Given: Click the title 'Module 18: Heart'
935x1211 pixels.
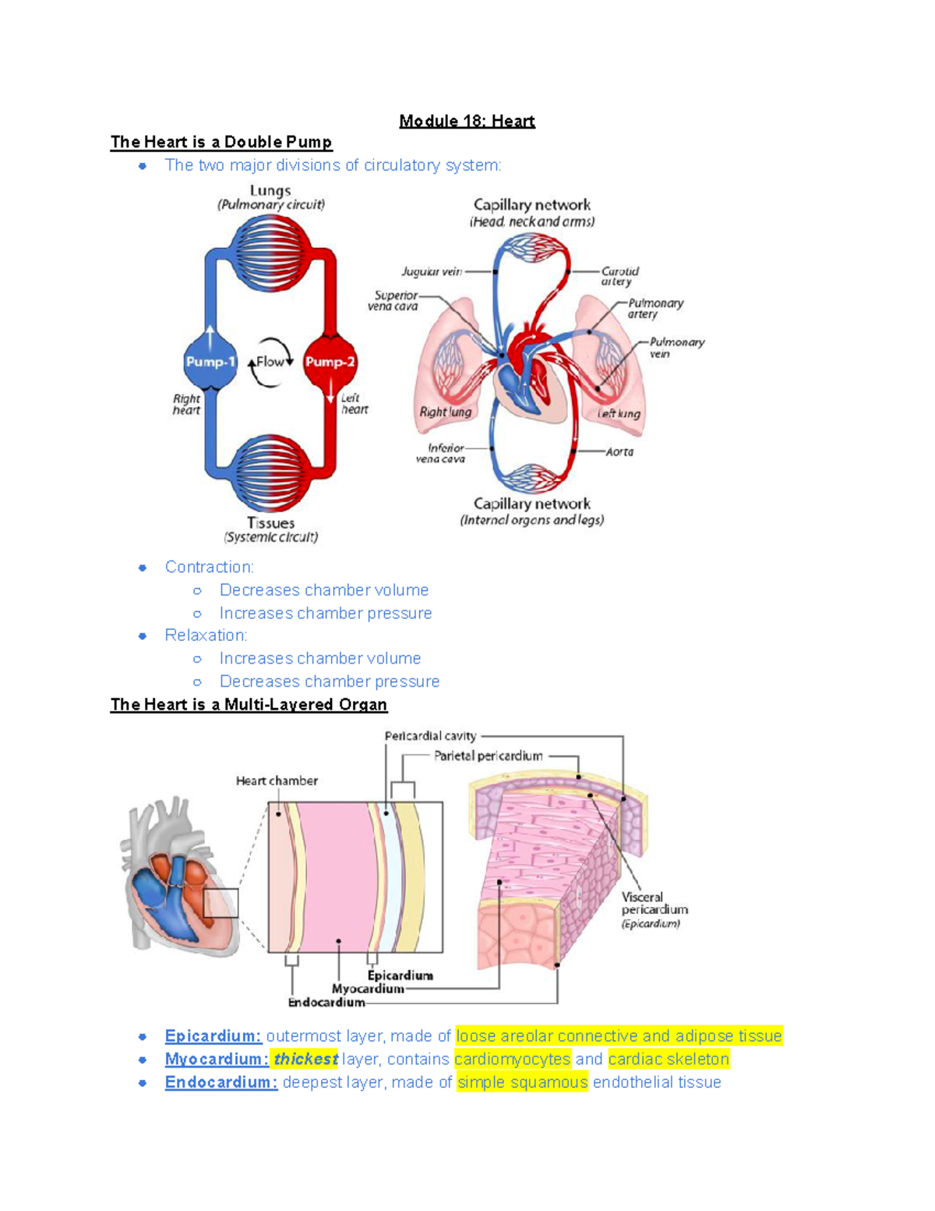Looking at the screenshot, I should [x=467, y=121].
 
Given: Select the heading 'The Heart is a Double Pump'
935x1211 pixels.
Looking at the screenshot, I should [x=221, y=142].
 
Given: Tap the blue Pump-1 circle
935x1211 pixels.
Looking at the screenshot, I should [x=210, y=362].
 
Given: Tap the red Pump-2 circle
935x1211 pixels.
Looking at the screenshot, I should [x=330, y=362].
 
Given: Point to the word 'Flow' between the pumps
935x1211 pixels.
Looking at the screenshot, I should [x=270, y=362].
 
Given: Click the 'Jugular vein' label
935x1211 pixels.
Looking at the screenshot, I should [x=432, y=271].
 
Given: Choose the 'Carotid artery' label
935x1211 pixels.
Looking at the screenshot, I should [x=619, y=276].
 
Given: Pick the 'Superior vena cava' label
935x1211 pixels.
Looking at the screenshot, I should [x=395, y=301].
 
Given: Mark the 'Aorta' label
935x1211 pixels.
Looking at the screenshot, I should [x=619, y=451].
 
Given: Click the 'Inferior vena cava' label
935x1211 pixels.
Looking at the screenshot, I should [x=443, y=453].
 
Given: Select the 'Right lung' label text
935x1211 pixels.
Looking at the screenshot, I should [x=446, y=412].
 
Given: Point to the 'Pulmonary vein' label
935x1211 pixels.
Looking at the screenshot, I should [x=676, y=347].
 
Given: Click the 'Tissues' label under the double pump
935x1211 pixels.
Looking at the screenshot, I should [x=271, y=523].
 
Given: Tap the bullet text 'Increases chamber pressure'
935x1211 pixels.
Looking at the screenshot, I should [x=326, y=613].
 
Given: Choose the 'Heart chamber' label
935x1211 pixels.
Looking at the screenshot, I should [x=277, y=781].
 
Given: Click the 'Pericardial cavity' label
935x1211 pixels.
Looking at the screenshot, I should [x=430, y=736].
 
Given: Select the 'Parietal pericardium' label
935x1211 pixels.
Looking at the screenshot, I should [x=488, y=756].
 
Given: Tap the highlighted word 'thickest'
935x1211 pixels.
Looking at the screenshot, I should [x=305, y=1059].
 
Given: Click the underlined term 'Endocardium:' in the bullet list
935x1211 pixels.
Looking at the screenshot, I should [x=221, y=1082].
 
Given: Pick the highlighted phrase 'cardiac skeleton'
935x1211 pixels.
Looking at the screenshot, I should [x=669, y=1059].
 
